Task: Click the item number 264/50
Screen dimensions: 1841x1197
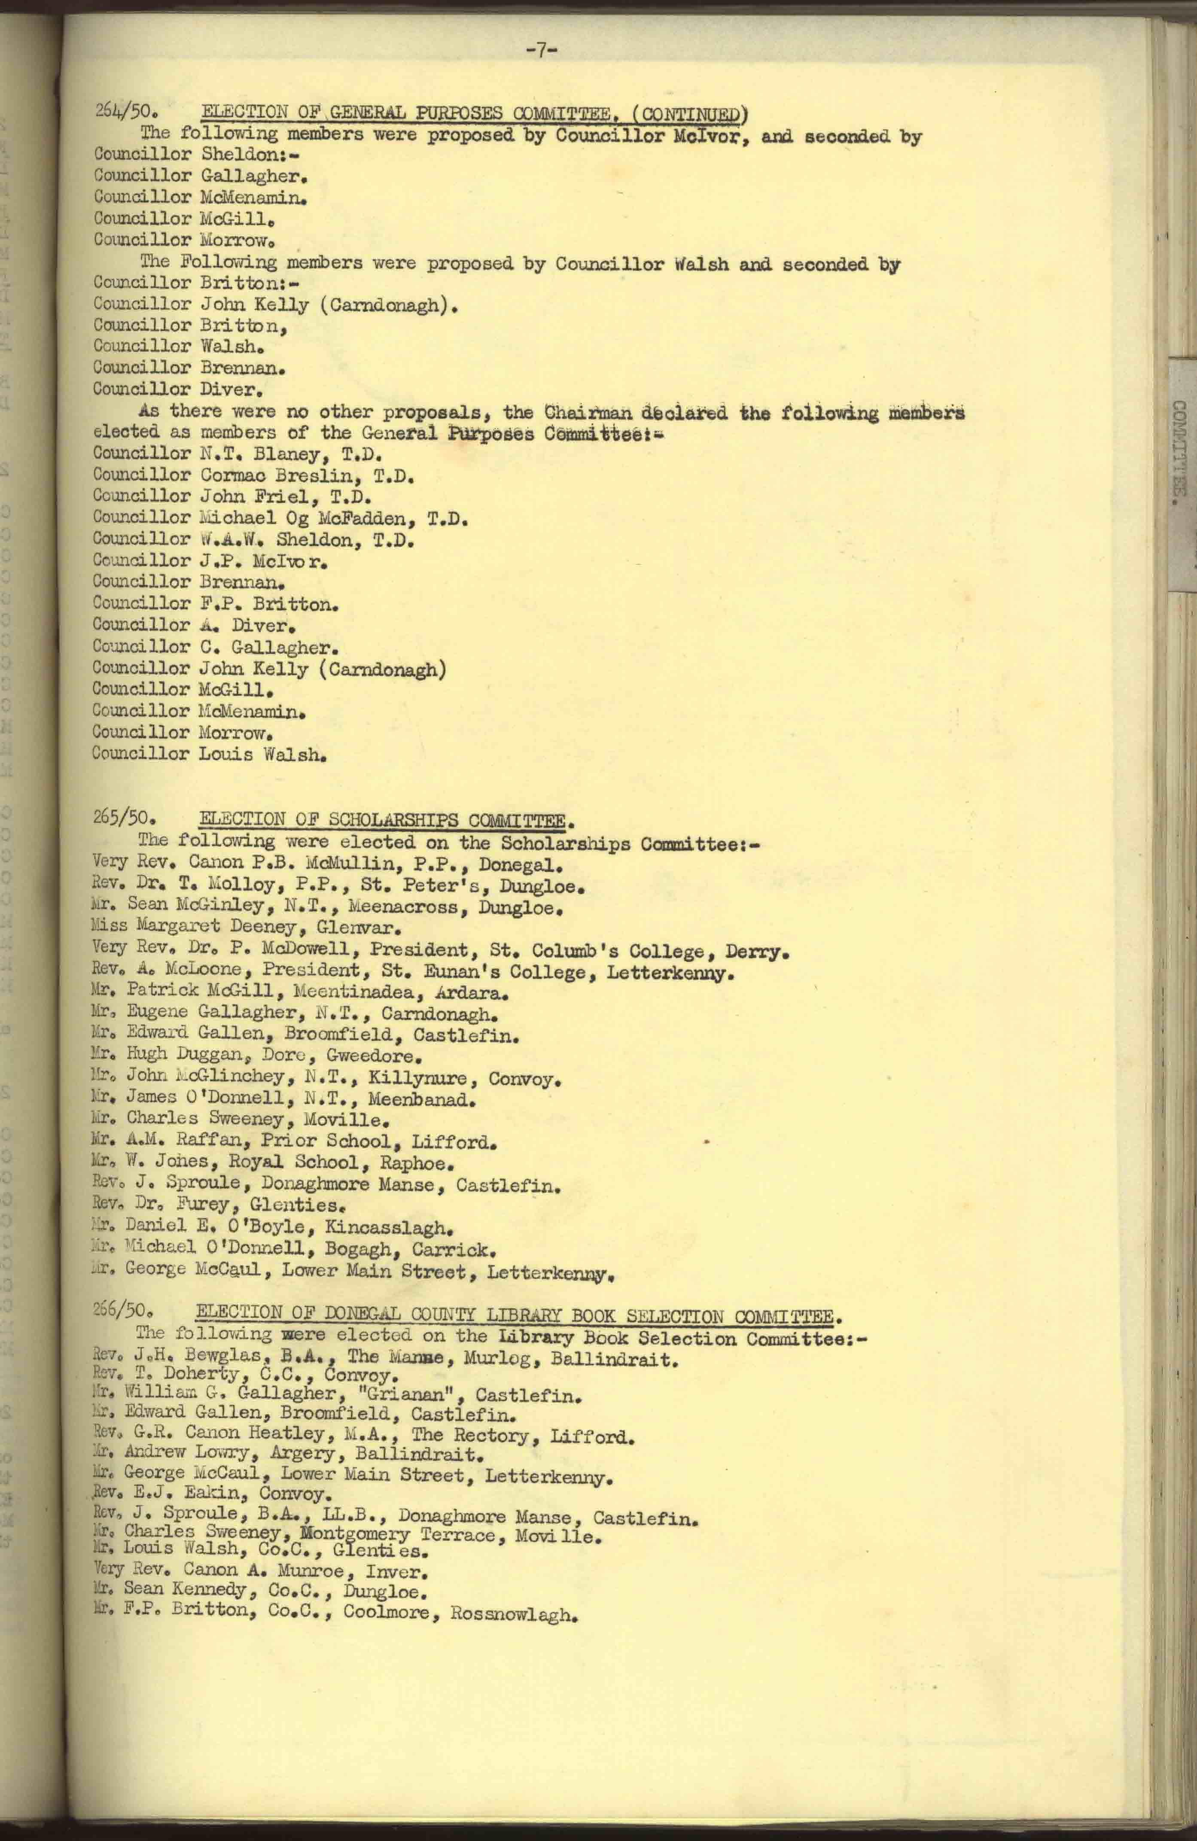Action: (126, 111)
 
